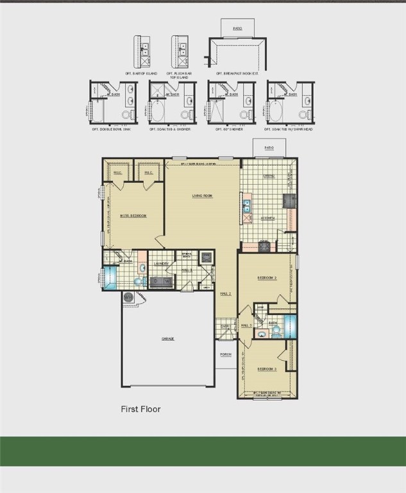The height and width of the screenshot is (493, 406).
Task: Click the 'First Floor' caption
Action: pos(140,409)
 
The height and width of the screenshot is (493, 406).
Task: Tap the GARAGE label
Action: pos(168,339)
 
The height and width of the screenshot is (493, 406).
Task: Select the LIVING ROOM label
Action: pos(202,195)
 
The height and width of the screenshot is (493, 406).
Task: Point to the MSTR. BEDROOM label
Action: pos(133,216)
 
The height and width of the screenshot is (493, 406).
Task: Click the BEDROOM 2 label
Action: pos(267,278)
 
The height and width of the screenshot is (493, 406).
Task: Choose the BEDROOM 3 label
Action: pos(267,369)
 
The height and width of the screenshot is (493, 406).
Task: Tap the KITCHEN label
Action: pos(267,218)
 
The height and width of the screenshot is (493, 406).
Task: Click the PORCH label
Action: pos(226,354)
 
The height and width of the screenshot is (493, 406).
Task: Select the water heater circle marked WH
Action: pos(128,297)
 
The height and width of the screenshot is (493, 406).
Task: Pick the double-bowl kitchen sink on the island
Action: pos(246,207)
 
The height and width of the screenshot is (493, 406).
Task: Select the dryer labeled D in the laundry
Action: pos(156,281)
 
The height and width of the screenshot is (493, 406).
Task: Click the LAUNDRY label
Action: pos(162,264)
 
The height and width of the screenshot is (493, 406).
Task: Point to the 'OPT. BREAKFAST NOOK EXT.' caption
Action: pos(237,74)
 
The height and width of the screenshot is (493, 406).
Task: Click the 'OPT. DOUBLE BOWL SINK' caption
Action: pos(112,129)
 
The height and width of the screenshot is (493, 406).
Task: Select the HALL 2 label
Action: pos(226,293)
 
